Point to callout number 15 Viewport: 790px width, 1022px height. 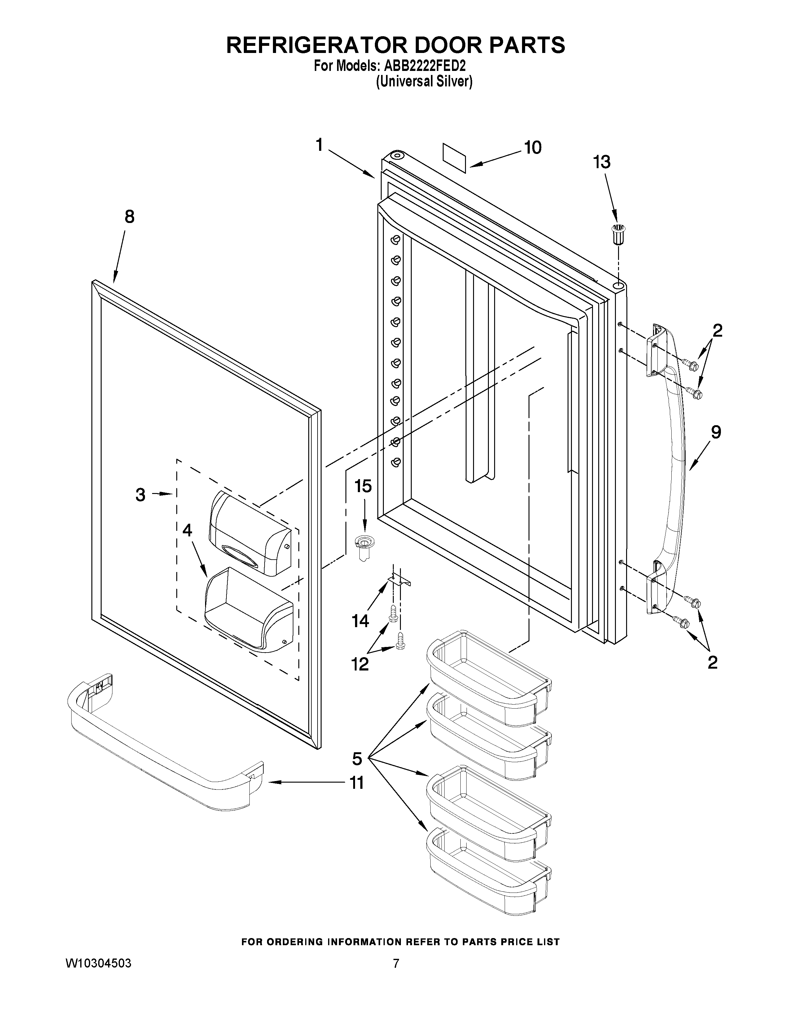tap(363, 486)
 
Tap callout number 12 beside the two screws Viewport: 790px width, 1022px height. tap(360, 664)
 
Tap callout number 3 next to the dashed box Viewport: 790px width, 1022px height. tap(140, 495)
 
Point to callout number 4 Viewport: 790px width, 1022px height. tap(187, 530)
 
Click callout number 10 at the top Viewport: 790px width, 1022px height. tap(533, 147)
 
